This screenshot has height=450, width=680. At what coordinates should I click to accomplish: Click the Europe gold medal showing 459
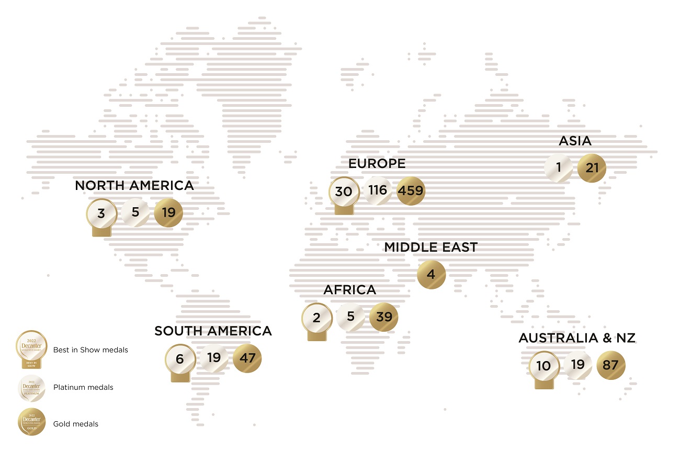click(411, 191)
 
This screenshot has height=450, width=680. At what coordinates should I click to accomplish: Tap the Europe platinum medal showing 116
click(378, 190)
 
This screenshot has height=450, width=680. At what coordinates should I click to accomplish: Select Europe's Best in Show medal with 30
click(344, 192)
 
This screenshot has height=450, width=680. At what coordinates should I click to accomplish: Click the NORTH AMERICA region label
click(134, 185)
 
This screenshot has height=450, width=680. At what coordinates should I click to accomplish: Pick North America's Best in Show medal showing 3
click(101, 214)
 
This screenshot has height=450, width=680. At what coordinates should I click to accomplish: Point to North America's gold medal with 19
click(169, 213)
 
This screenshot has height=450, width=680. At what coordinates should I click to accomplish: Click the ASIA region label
click(575, 141)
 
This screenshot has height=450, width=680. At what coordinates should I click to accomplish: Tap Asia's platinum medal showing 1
click(558, 168)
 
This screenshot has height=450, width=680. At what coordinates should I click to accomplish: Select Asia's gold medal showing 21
click(592, 168)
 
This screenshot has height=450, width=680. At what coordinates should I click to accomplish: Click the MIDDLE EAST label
click(431, 248)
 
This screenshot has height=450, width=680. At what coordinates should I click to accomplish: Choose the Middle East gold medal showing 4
click(431, 274)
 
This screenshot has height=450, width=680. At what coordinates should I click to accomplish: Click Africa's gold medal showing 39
click(384, 317)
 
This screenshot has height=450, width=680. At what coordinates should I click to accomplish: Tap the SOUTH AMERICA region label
click(213, 331)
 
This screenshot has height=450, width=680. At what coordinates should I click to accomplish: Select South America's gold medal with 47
click(246, 359)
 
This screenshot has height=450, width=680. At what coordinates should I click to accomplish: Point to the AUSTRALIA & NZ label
click(577, 339)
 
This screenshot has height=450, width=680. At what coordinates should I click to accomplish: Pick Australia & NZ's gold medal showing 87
click(610, 365)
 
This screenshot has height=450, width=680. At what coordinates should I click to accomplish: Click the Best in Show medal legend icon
click(31, 348)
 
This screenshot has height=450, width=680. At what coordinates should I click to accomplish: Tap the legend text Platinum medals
click(83, 388)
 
